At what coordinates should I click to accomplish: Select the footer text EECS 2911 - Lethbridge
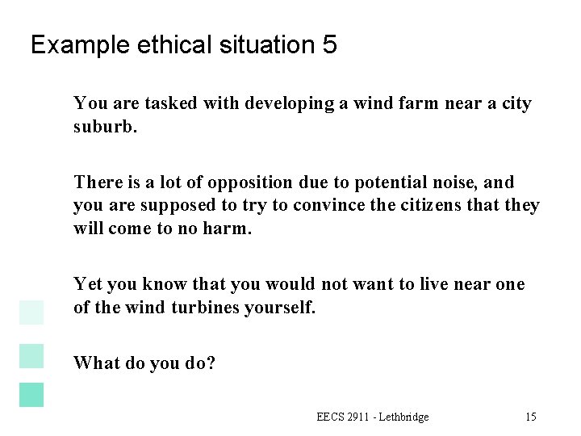(x=373, y=417)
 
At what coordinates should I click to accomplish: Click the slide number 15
(x=530, y=417)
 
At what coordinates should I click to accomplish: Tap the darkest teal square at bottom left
(x=31, y=394)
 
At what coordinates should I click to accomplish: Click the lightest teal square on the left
(x=31, y=311)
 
